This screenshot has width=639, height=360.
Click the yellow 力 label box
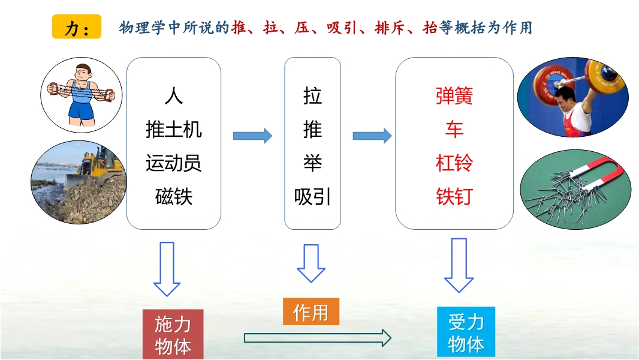point(76,28)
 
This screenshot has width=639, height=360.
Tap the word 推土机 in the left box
point(174,130)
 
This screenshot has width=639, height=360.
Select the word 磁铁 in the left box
point(174,196)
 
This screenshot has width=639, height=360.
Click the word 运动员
point(174,163)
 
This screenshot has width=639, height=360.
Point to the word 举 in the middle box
point(312,163)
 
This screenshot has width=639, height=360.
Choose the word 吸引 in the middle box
point(312,196)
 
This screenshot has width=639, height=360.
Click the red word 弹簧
point(454,97)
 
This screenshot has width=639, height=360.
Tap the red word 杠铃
point(454,163)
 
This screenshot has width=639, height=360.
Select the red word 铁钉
point(454,196)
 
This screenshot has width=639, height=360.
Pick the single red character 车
point(454,130)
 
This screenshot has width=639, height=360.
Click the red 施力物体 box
point(173,335)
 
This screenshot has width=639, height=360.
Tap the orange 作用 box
point(311,312)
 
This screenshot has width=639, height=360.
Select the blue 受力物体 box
point(466,332)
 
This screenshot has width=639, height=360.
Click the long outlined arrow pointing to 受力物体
point(318,338)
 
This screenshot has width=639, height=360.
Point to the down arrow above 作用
point(311,263)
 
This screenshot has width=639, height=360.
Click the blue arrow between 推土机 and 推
point(252,136)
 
